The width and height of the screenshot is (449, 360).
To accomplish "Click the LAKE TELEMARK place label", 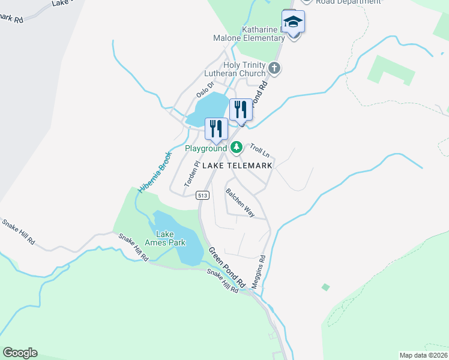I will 237,165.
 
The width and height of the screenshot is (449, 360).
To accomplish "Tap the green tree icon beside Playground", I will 237,147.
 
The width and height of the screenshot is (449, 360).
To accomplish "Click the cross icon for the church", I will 275,68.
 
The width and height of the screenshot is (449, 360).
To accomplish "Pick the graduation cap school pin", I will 293,22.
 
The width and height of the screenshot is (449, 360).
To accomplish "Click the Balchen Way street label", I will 240,203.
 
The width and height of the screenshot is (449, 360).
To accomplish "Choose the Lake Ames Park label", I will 170,238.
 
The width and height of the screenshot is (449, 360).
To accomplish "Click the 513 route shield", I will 202,194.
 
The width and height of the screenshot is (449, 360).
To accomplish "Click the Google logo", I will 20,353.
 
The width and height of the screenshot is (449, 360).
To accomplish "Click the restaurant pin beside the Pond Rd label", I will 241,110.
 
